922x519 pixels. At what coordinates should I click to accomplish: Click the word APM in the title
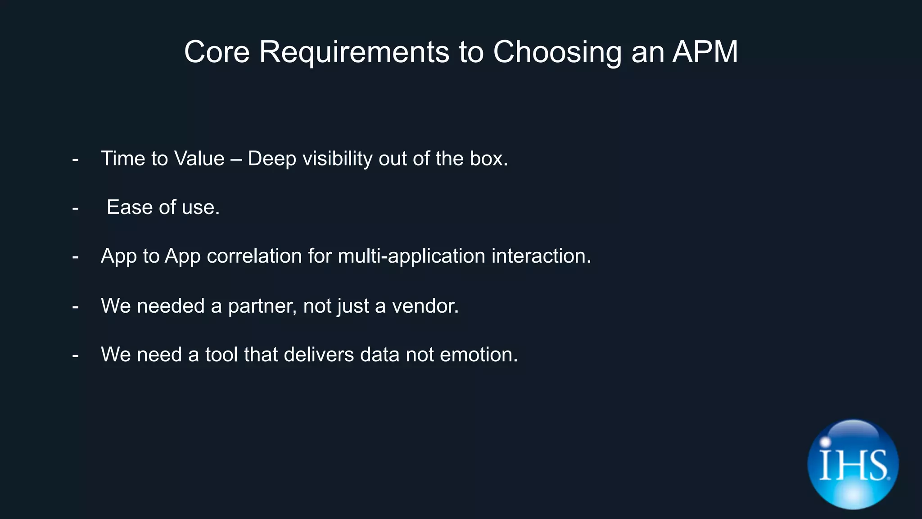(705, 52)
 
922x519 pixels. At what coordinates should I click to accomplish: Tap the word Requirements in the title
(354, 52)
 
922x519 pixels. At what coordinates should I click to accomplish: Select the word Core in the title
(217, 52)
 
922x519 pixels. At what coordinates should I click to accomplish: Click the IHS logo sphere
(853, 464)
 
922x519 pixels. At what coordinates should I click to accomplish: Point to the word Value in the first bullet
(199, 159)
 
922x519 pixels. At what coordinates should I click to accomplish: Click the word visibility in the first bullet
(337, 159)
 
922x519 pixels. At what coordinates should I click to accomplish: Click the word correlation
(254, 256)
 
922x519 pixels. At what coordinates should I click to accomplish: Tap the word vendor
(425, 306)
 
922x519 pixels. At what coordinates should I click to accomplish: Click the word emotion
(478, 355)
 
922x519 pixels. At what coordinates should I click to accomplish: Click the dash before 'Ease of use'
(75, 208)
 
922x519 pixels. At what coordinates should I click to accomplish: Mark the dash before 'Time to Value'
(75, 159)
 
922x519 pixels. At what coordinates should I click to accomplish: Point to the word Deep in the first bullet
(272, 159)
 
